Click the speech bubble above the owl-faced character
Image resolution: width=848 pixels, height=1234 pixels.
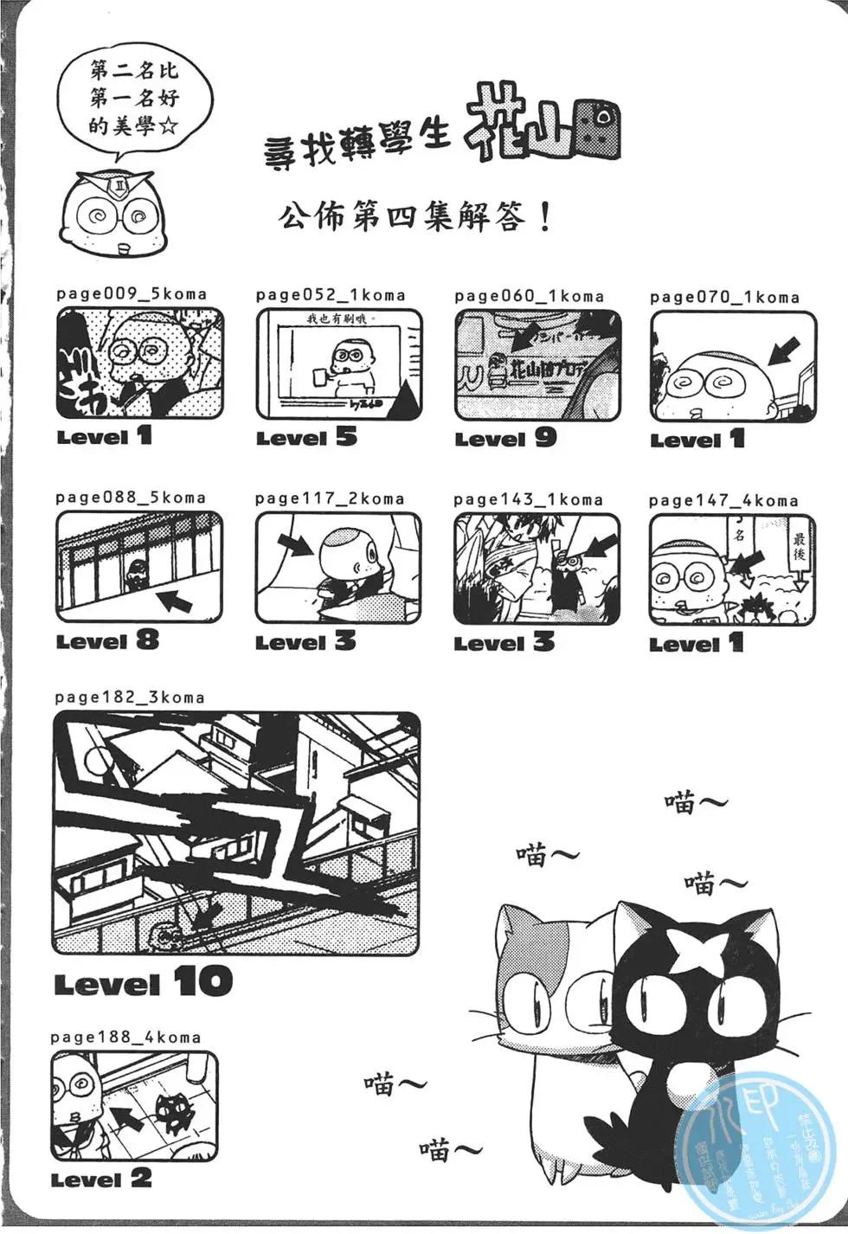[133, 98]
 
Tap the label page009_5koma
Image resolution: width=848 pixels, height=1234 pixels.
[132, 293]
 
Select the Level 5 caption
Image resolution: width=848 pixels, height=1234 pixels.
[306, 437]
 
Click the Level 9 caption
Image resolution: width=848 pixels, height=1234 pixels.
[506, 438]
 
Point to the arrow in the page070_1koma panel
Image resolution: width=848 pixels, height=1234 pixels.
[784, 351]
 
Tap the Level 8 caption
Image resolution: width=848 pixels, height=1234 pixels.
[108, 640]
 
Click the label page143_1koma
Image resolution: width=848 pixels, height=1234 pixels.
[528, 499]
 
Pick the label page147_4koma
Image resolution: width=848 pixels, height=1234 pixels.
[723, 500]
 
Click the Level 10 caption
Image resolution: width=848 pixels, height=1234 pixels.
[144, 982]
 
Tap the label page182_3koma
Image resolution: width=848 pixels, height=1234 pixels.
[130, 697]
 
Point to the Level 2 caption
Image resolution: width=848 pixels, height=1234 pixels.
[101, 1179]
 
